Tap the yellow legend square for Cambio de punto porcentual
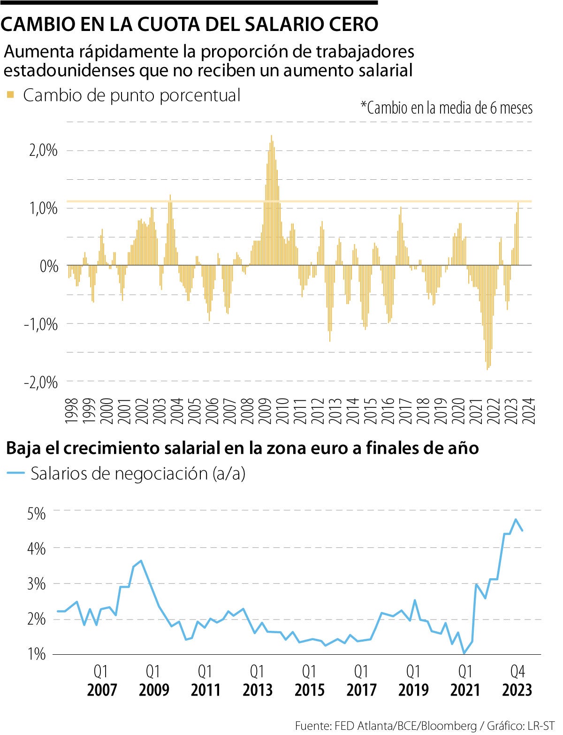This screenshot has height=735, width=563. click(10, 95)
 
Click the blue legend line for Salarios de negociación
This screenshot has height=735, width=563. click(15, 473)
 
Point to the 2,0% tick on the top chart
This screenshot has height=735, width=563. click(43, 151)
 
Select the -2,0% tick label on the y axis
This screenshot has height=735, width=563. click(41, 382)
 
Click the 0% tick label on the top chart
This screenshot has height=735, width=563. click(48, 266)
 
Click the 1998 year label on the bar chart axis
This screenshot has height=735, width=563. click(71, 411)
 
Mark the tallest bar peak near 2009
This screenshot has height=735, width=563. click(271, 137)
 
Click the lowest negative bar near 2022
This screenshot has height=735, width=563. click(487, 369)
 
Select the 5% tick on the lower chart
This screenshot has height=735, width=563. click(37, 513)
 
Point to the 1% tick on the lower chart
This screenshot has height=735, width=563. click(37, 654)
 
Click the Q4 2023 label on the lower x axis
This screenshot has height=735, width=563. click(517, 681)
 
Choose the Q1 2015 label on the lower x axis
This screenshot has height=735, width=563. click(309, 681)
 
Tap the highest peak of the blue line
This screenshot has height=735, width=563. click(516, 520)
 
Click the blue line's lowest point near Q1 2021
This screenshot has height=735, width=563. click(464, 653)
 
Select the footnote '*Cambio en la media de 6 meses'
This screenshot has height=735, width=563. click(446, 108)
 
